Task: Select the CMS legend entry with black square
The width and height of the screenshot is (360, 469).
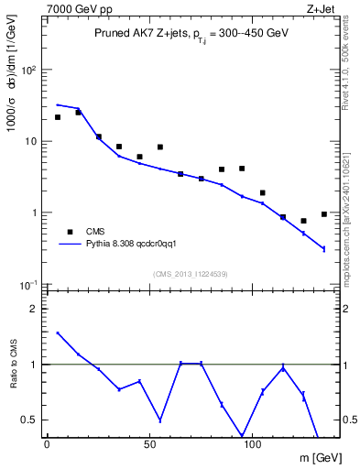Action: click(87, 232)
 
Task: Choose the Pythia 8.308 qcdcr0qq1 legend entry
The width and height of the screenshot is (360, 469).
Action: click(136, 245)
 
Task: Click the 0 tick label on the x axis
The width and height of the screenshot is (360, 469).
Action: click(47, 443)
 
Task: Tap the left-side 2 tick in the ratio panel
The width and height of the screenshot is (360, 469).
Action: click(32, 309)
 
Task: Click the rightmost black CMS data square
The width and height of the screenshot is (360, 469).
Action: click(324, 214)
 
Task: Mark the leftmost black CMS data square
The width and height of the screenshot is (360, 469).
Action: click(58, 117)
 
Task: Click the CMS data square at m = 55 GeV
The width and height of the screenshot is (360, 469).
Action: click(160, 147)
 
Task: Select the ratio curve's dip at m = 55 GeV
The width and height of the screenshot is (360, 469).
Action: click(160, 420)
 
